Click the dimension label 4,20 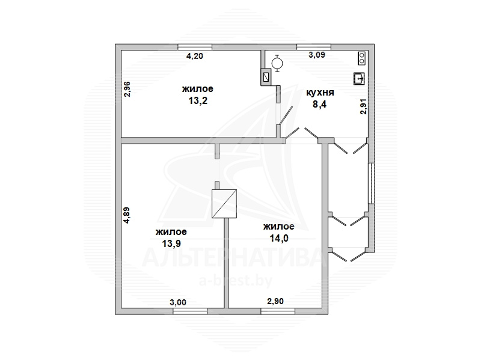tap(195, 56)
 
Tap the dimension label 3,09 tap(317, 55)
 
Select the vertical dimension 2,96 tap(127, 89)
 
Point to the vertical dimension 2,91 tap(363, 107)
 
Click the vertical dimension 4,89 tap(126, 216)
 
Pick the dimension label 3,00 tap(178, 302)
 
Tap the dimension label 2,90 tap(275, 302)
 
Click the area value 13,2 tap(198, 100)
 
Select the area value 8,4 tap(320, 104)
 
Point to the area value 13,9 tap(171, 244)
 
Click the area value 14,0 tap(279, 238)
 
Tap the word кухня tap(320, 93)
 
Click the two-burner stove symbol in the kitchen tap(362, 58)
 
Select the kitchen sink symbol tap(358, 79)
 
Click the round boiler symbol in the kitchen tap(277, 64)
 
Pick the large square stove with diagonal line tap(224, 204)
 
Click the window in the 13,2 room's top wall tap(195, 47)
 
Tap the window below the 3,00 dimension tap(190, 311)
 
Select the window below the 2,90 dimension tap(278, 311)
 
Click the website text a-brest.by tap(236, 281)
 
